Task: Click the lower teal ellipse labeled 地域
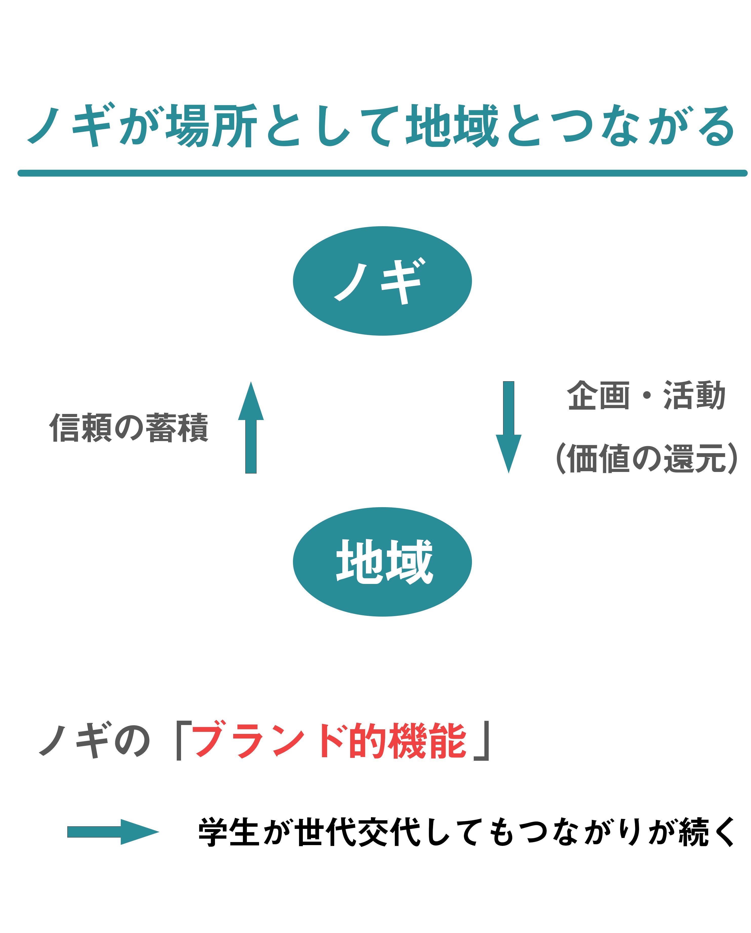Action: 382,562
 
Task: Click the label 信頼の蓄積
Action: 129,428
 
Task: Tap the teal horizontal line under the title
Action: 382,173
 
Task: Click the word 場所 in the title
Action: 212,125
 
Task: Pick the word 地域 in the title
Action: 452,125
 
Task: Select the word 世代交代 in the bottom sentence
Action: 359,832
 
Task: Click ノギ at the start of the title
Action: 69,125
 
